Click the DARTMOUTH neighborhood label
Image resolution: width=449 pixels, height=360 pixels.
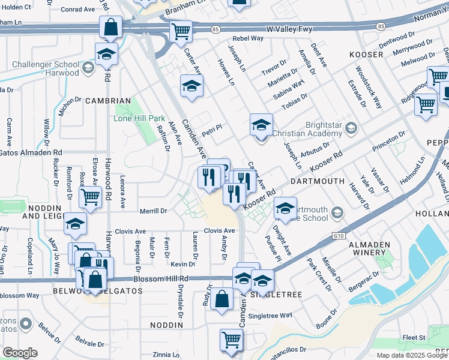pos(318,181)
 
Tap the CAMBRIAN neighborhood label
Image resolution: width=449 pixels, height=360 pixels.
pos(108,101)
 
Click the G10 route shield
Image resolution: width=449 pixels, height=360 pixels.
pos(340,236)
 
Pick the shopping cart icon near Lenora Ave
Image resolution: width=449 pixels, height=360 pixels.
pos(90,196)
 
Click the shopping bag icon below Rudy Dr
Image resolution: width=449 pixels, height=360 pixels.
pos(222,298)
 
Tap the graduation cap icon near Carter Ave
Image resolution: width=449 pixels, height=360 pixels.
pos(191,86)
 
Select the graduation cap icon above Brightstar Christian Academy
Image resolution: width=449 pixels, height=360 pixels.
pos(261,125)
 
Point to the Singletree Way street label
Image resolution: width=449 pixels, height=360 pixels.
pos(271,315)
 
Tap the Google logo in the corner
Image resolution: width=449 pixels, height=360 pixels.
pos(20,353)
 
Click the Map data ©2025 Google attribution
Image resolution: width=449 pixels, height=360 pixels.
pos(412,355)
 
